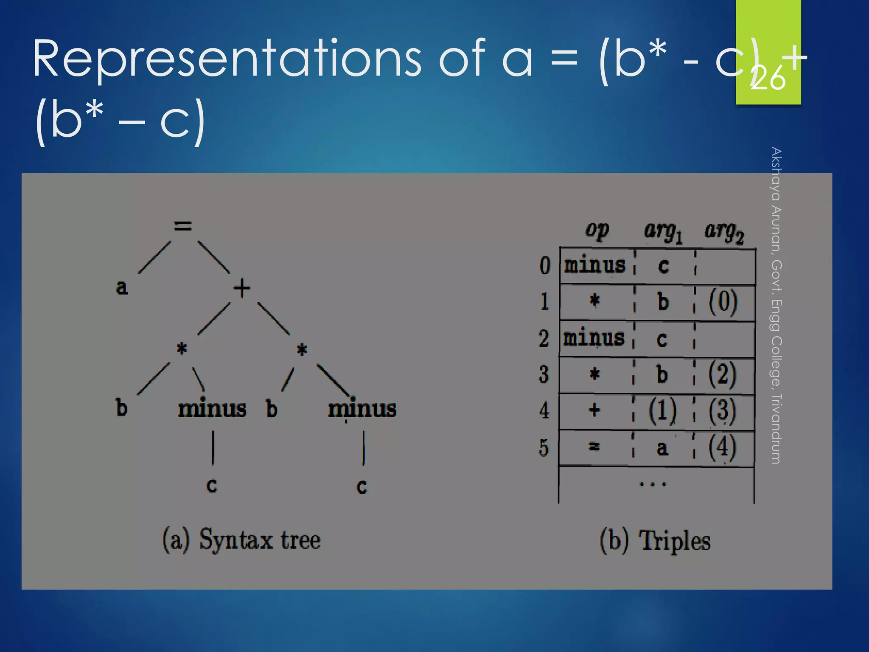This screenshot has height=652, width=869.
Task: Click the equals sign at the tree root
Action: point(183,226)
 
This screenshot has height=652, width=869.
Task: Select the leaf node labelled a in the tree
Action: point(122,287)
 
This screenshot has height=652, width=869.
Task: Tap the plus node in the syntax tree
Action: point(242,288)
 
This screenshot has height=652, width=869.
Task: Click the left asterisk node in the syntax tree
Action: point(182,349)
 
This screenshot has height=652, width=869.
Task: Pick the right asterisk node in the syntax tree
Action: point(302,350)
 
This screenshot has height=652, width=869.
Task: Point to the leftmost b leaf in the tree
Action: point(122,407)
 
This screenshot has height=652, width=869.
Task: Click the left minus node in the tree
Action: point(212,409)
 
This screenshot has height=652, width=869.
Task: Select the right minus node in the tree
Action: point(362,409)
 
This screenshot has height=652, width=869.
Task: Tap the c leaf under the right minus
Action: point(362,486)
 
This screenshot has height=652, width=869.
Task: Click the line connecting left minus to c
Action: point(213,448)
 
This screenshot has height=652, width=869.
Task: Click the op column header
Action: point(597,230)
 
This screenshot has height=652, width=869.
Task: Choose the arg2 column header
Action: point(724,232)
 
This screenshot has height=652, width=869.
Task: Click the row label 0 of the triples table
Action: point(545,266)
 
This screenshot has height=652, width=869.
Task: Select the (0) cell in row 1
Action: point(723,302)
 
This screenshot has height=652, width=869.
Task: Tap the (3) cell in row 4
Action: point(722,410)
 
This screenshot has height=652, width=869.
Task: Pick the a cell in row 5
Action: point(662,448)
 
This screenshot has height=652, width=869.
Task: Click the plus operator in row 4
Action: point(594,410)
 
